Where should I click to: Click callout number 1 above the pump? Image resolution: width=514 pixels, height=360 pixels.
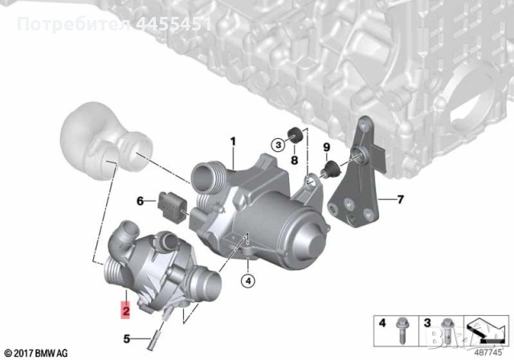[233, 144]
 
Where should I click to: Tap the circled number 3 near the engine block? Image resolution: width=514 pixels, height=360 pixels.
[277, 145]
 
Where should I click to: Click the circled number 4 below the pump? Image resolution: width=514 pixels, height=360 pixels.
[249, 280]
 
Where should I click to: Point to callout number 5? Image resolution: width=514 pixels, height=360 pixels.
[126, 338]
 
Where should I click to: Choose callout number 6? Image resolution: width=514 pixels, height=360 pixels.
[140, 201]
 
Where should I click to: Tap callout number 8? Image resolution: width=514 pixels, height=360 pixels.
[294, 161]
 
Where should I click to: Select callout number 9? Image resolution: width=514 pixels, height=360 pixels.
[327, 147]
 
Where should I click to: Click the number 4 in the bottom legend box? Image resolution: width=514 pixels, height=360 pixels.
[382, 323]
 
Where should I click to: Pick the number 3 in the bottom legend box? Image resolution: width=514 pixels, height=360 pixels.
[428, 323]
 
